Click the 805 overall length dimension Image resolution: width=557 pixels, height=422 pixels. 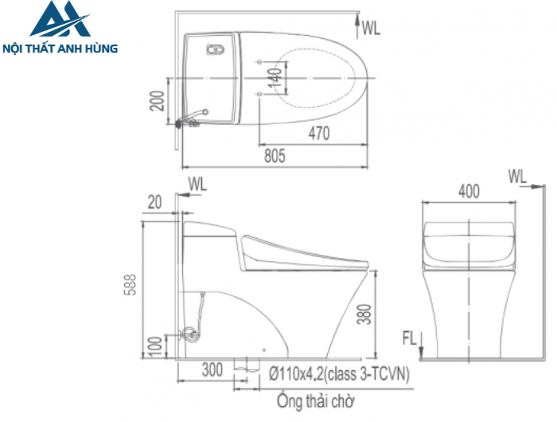tap(274, 157)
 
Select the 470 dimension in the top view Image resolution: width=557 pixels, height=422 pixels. tap(318, 135)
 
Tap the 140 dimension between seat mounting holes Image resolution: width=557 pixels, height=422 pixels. tap(274, 77)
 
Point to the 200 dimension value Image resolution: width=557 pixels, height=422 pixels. tap(158, 101)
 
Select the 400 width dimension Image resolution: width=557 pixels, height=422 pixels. tap(469, 191)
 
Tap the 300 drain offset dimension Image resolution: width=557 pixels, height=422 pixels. tap(212, 370)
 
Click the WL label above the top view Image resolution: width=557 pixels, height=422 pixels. tap(371, 29)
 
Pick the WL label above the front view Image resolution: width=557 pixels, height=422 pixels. tap(517, 174)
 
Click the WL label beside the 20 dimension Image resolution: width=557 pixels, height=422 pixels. tap(197, 185)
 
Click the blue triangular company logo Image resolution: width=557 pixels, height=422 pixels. tap(60, 22)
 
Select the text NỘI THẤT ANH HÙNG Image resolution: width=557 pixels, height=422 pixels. tap(61, 49)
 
